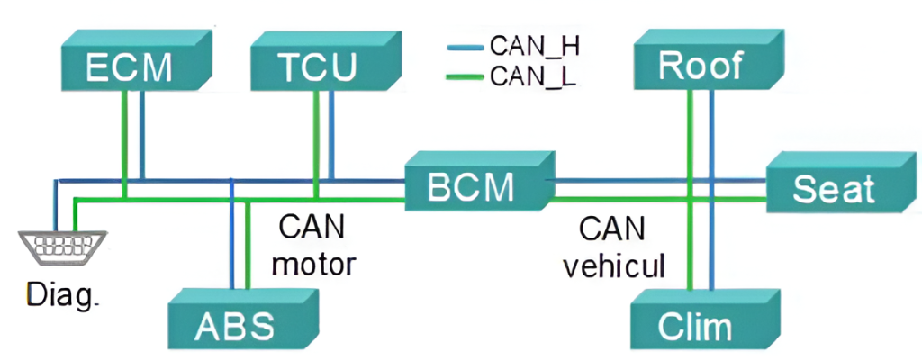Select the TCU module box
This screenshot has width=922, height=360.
(x=316, y=67)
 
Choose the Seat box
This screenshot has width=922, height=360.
(x=833, y=189)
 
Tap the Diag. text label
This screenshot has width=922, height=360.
(x=61, y=294)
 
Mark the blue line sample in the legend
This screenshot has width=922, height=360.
(x=466, y=45)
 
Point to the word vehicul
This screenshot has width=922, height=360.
(x=612, y=265)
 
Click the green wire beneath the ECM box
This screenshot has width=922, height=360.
(x=123, y=135)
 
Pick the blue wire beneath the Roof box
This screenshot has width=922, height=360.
(x=712, y=135)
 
